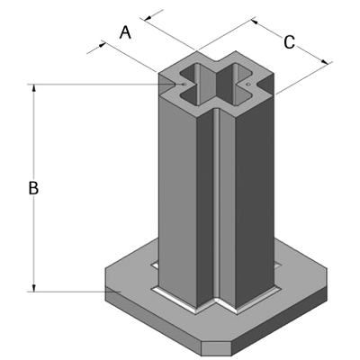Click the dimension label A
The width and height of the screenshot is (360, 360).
pos(126,32)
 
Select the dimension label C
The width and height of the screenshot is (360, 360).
pos(289,41)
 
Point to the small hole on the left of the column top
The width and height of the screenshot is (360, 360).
pos(183,85)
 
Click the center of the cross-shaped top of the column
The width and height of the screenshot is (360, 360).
pos(215,85)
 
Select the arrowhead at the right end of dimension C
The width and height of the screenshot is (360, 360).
pos(325,62)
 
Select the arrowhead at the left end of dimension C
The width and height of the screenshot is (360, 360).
pos(253,21)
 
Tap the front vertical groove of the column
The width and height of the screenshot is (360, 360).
pos(216,207)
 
